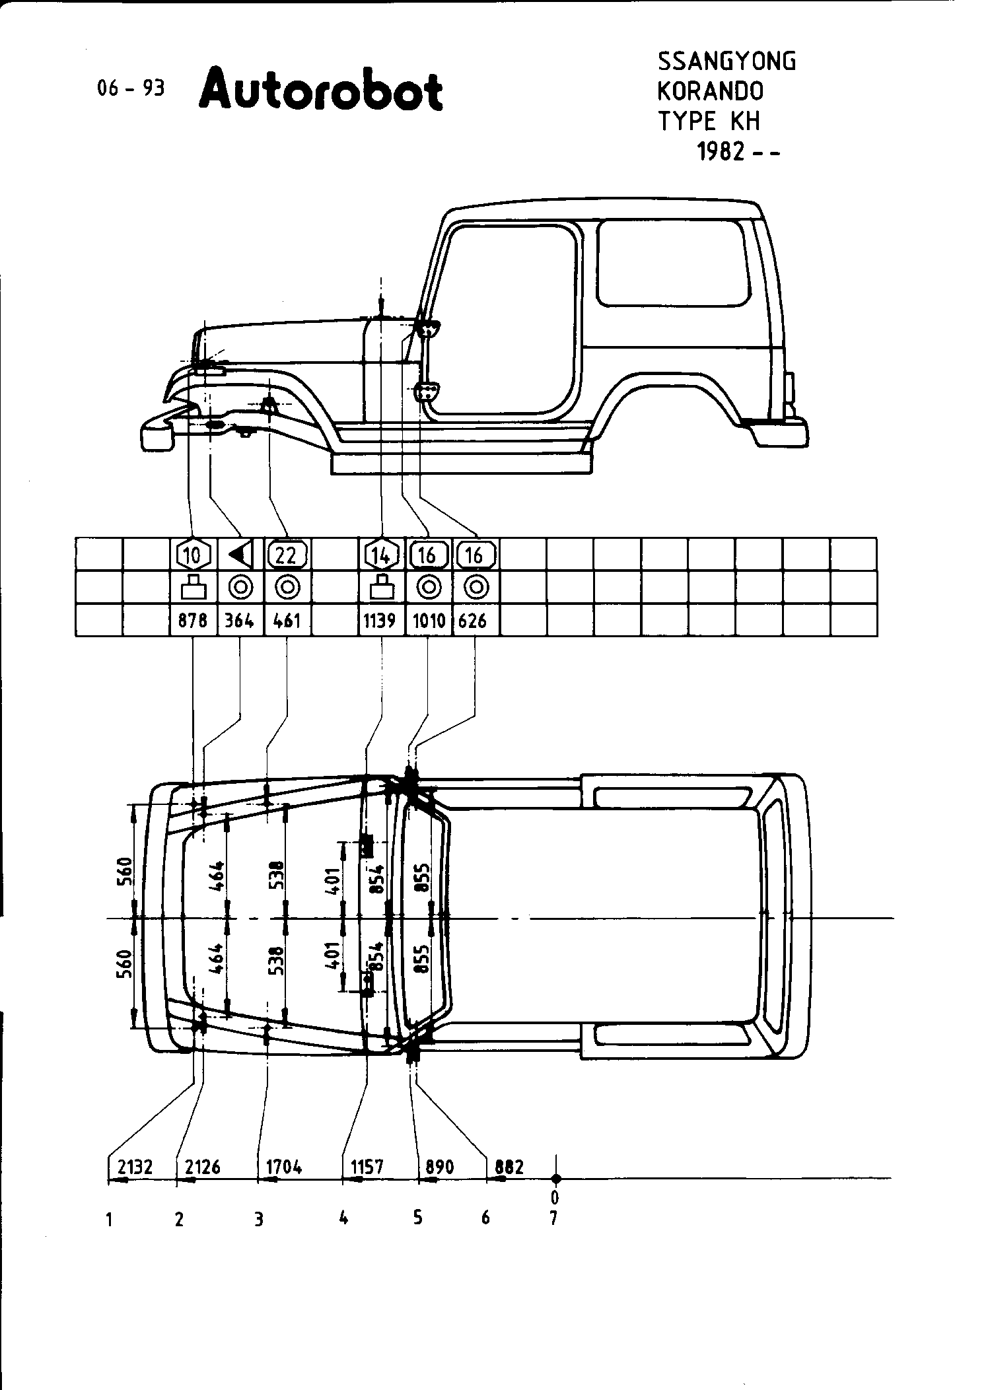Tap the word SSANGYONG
[x=726, y=61]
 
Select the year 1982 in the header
[x=722, y=153]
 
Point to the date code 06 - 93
[x=131, y=88]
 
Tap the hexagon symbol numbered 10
[x=194, y=555]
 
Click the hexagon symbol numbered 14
[x=382, y=555]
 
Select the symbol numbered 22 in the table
[x=287, y=555]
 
